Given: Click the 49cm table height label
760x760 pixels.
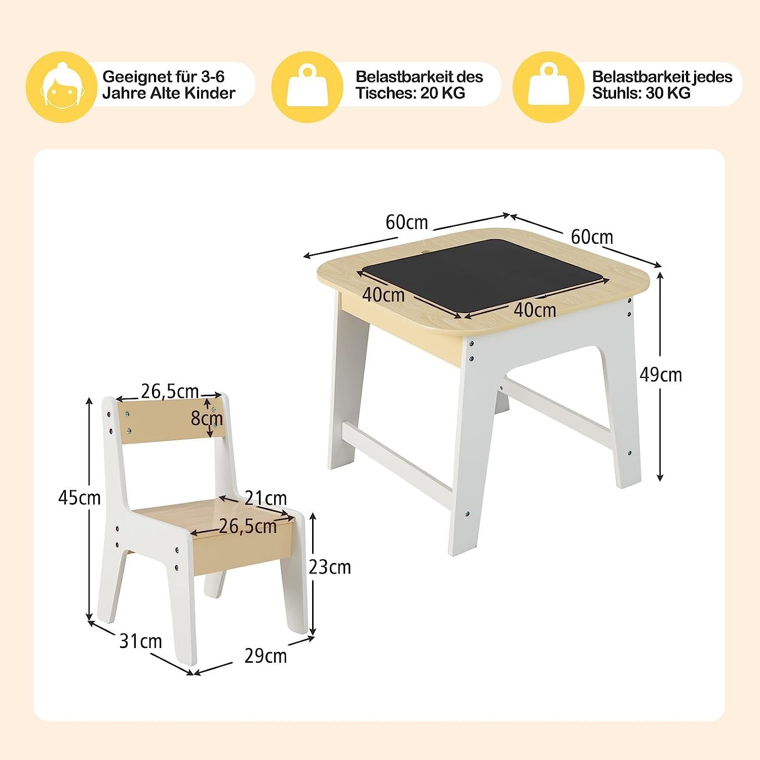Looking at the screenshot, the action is pos(661,375).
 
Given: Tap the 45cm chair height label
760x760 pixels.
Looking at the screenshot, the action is pos(80,498).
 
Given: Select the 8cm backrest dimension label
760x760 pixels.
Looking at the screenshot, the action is pos(207,419).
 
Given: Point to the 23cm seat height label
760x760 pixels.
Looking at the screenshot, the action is pos(330,566).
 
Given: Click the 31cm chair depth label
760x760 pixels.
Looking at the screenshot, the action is pos(141,641).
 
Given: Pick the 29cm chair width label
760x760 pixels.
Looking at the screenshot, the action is pos(265,656).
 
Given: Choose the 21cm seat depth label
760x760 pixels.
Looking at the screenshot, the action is pos(265,498).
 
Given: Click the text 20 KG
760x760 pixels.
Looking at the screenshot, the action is pos(442,93).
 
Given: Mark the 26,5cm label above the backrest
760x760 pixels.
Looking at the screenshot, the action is pos(170,391).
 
